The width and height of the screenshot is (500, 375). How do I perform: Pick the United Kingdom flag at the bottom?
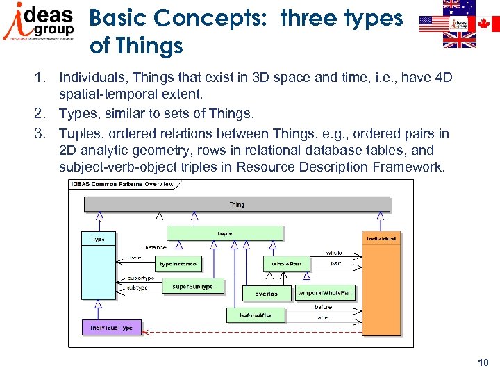coord(460,40)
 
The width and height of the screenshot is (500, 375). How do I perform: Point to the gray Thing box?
coord(237,205)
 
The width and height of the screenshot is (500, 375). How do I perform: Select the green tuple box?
coord(225,233)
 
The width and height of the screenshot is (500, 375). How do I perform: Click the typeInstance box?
coord(178,264)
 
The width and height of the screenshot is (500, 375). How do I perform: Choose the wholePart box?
coord(287,264)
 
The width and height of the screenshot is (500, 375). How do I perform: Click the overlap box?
coord(266,294)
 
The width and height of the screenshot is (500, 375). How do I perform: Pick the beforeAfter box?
coord(256,315)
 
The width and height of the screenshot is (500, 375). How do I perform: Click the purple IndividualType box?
coord(111,327)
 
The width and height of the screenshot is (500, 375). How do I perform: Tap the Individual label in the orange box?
coord(382,238)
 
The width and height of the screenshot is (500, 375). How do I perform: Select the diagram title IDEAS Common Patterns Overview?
coord(122,184)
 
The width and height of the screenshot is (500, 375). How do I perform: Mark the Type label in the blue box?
coord(99,239)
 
